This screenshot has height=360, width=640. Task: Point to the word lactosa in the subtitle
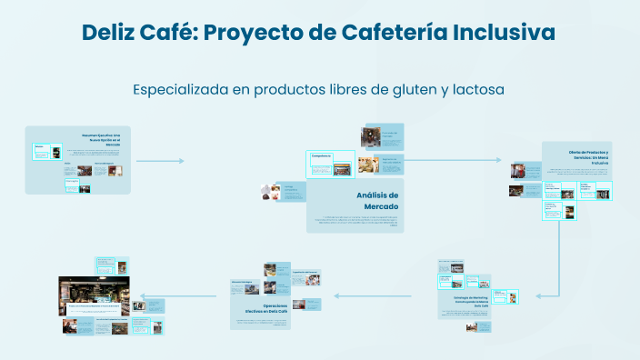click(x=474, y=90)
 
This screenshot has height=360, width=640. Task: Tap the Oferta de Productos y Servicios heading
click(x=590, y=155)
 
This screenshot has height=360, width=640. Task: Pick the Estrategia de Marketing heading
click(x=465, y=301)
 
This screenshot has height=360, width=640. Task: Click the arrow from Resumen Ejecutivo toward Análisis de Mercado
click(x=160, y=161)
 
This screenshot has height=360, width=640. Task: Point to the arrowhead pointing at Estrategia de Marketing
click(x=539, y=295)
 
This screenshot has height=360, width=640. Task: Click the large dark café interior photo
click(x=94, y=297)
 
